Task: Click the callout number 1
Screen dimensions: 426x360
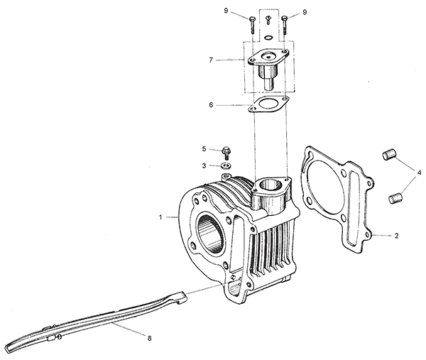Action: (160, 217)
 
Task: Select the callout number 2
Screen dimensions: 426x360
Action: (396, 236)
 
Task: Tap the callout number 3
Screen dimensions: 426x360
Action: (204, 165)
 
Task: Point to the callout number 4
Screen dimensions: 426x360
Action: (419, 173)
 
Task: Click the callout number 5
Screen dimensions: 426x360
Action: (204, 149)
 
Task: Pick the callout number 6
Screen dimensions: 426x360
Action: (211, 105)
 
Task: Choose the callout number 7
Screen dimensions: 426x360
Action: (211, 60)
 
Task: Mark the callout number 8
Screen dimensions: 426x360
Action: (149, 338)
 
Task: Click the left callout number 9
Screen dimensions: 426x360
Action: (226, 11)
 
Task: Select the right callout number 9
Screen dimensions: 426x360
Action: (305, 12)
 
